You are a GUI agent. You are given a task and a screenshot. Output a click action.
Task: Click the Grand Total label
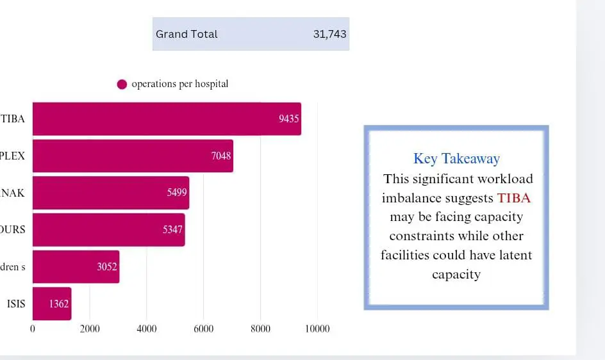click(186, 34)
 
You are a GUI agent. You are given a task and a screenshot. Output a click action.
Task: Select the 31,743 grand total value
click(329, 34)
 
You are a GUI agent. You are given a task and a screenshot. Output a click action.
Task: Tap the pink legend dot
click(122, 85)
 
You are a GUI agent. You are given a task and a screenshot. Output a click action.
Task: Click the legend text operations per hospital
click(179, 84)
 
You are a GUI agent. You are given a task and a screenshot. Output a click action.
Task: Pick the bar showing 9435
click(167, 119)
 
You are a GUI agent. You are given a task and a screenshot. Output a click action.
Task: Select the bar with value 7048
click(133, 156)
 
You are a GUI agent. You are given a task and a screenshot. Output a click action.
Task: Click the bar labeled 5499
click(111, 193)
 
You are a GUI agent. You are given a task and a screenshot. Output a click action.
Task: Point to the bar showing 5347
click(108, 229)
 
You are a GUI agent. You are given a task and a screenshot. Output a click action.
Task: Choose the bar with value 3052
click(76, 266)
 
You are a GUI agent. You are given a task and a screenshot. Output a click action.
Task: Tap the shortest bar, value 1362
click(51, 304)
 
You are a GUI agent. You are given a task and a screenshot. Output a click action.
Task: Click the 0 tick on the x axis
click(33, 329)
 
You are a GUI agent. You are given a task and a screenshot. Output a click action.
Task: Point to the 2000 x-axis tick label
click(90, 329)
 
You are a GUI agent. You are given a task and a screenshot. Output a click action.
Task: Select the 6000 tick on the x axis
click(203, 329)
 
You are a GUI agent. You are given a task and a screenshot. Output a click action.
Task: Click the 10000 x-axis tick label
click(317, 329)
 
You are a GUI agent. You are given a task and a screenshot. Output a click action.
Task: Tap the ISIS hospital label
click(16, 304)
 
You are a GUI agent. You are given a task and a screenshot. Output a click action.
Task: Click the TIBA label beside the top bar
click(13, 119)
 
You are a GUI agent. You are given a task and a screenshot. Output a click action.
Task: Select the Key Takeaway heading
click(456, 159)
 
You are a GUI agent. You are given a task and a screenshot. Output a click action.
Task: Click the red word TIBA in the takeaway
click(514, 198)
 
